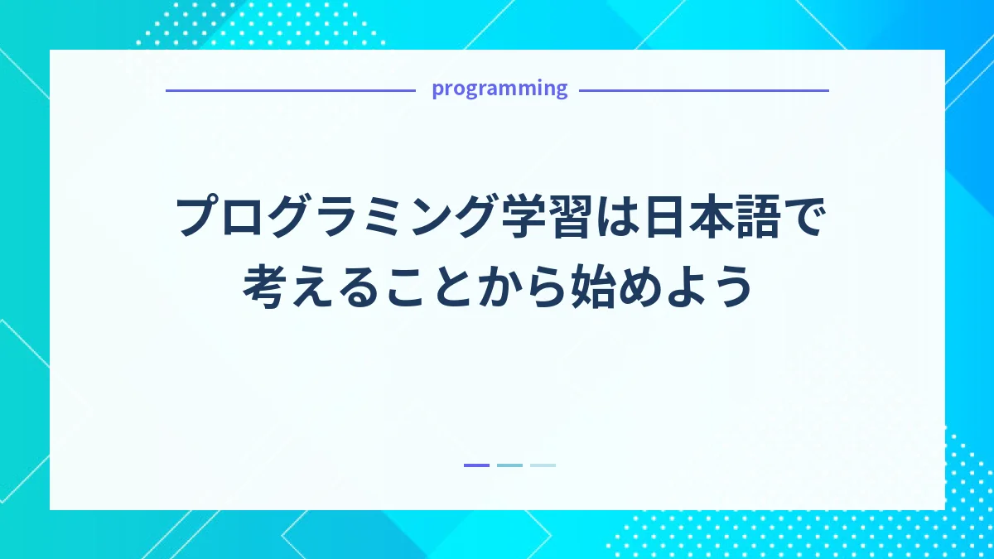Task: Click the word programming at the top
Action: (499, 89)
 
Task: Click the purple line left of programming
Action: (290, 90)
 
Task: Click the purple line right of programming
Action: (703, 90)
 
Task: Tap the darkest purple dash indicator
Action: (476, 465)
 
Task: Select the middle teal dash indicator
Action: (509, 465)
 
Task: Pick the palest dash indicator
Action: (543, 465)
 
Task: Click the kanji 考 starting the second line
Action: (264, 286)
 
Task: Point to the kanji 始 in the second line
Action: (589, 286)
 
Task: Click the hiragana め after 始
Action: (637, 286)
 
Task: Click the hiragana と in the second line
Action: (450, 286)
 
